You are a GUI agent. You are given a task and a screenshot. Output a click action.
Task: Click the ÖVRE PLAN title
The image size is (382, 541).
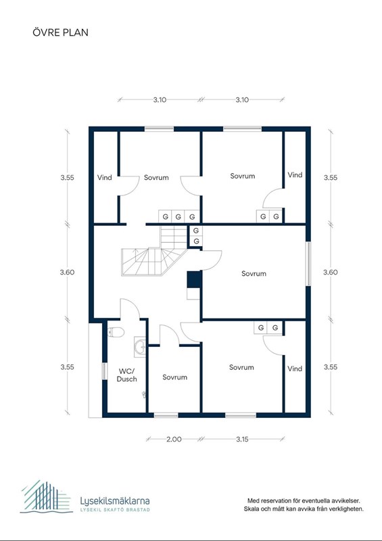point(60,32)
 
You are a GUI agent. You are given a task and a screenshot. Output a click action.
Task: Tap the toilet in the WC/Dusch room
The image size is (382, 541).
point(116,332)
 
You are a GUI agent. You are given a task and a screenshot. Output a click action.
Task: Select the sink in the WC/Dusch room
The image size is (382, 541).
point(140,347)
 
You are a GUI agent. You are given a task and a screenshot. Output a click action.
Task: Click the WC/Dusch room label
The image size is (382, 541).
point(126,375)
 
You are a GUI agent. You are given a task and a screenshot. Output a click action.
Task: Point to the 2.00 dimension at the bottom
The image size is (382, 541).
point(174,439)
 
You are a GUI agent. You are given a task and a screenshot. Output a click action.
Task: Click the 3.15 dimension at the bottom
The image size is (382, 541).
point(242,439)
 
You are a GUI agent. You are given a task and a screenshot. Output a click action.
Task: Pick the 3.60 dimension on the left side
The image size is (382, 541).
point(67,273)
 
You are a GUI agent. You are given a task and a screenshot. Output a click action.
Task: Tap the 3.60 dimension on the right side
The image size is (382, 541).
point(330,273)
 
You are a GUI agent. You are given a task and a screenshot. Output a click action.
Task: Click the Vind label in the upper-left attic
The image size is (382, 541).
point(104,178)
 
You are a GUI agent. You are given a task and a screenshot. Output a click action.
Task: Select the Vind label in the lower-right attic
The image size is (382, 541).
point(295,369)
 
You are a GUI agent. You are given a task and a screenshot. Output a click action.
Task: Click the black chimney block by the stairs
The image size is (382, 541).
point(194,279)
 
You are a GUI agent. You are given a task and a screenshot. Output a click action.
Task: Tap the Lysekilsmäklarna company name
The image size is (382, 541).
point(115,500)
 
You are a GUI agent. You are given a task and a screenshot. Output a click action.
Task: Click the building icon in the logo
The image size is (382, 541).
point(46,496)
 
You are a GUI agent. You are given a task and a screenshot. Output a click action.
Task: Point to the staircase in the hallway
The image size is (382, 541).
point(154,251)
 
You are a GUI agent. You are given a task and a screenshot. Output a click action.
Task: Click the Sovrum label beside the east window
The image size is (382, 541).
point(254,274)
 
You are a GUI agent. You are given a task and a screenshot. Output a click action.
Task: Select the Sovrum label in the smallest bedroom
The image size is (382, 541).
point(175,377)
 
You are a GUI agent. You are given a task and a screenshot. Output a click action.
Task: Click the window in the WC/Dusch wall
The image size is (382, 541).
point(105,371)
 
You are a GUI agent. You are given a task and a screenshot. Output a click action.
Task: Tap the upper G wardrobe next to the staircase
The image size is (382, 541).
point(196,231)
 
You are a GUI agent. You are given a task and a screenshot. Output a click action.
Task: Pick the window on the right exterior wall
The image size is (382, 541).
point(308,264)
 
